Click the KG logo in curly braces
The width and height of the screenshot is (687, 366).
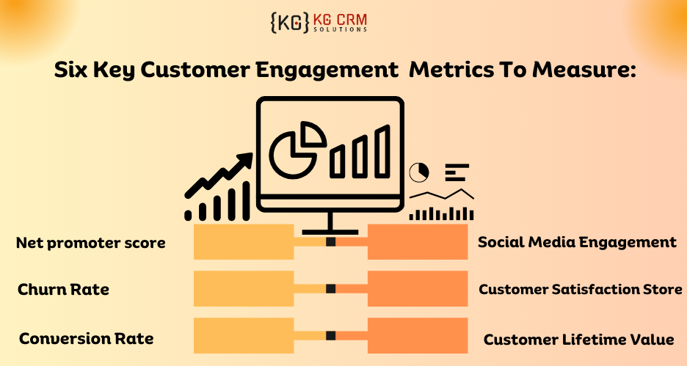(x=288, y=22)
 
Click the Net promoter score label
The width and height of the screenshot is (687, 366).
(x=91, y=243)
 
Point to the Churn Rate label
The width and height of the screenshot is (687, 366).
(x=63, y=290)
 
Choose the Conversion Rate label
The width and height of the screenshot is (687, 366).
(x=86, y=338)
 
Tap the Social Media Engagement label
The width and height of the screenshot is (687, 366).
(x=577, y=242)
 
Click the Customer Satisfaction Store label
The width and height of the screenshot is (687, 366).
(x=580, y=290)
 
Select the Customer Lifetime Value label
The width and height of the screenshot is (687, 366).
(x=578, y=340)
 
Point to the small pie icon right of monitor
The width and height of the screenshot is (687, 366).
(x=418, y=172)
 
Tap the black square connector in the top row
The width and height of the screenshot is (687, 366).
(x=330, y=242)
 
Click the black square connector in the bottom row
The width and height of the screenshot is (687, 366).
(x=330, y=336)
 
